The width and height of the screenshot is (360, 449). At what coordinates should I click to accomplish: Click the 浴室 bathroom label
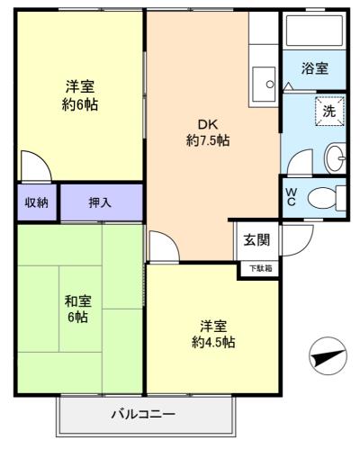click(314, 68)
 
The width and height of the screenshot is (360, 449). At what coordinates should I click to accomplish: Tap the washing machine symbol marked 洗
click(328, 112)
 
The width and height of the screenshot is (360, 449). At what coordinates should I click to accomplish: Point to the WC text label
click(291, 197)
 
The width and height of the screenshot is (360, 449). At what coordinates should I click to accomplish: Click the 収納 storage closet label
click(37, 202)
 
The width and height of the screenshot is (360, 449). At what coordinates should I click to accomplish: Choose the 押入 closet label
click(100, 202)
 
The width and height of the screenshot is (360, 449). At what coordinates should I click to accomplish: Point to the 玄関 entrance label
click(256, 240)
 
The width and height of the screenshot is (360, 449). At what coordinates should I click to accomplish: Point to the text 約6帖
click(81, 103)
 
